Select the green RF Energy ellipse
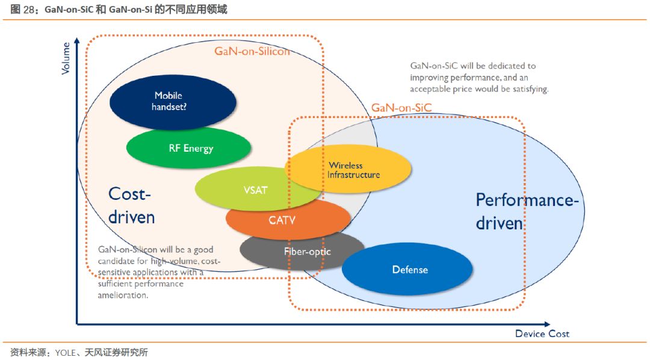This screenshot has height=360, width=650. tap(189, 147)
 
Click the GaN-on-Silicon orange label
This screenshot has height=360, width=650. tap(252, 51)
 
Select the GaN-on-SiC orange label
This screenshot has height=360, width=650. tap(401, 108)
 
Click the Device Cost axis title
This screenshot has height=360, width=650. tap(542, 334)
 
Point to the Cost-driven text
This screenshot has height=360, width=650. tap(131, 205)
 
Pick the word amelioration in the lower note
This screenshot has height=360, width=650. tap(123, 295)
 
